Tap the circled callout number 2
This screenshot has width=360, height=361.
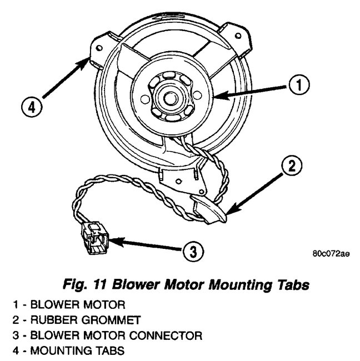(294, 165)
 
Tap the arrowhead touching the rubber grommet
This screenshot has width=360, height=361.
(229, 210)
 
